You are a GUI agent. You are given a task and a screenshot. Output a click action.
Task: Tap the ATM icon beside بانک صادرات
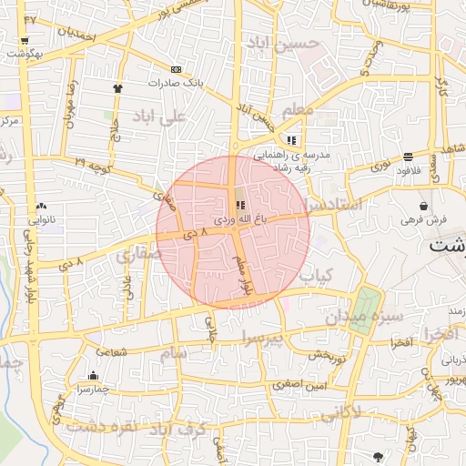tap(176, 69)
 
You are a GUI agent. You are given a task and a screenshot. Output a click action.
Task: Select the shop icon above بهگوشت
tap(24, 41)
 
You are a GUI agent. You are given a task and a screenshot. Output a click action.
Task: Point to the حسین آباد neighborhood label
tap(289, 44)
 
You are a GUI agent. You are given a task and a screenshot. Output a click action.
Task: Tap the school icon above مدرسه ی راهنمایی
tap(291, 140)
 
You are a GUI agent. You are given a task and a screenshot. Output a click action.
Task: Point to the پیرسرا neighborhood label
tap(263, 339)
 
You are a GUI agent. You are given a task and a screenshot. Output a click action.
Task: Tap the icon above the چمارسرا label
tap(92, 375)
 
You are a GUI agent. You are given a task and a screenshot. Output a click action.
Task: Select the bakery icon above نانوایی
tap(42, 207)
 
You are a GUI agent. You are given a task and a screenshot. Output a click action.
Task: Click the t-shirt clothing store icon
tap(117, 87)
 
